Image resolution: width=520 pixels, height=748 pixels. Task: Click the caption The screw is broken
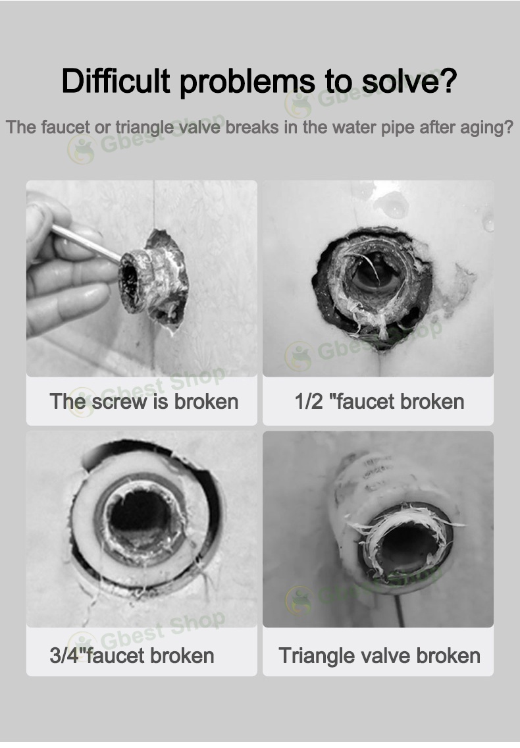[x=144, y=401]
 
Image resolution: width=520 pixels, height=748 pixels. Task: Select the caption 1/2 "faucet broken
[x=379, y=401]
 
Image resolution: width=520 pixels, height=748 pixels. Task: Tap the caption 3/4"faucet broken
[x=132, y=655]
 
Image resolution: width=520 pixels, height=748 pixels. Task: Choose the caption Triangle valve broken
[x=379, y=655]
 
